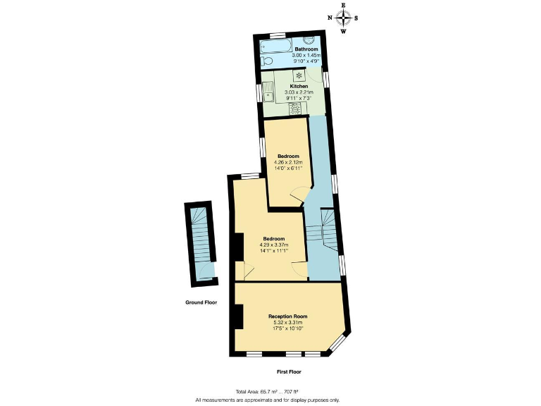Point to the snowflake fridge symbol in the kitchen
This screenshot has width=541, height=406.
299,75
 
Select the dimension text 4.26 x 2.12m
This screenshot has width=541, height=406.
288,162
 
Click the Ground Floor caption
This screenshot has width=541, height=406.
201,302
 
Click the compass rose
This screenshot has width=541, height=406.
343,18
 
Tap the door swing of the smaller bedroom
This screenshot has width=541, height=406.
299,192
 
